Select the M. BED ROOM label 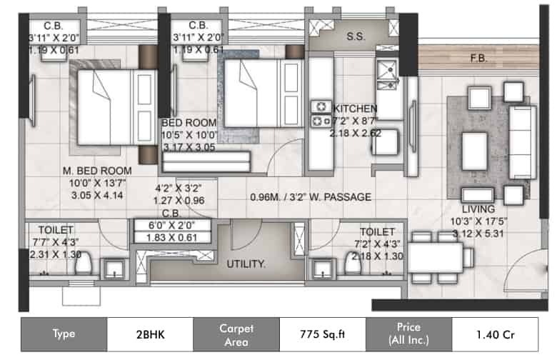coord(97,171)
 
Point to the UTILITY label coord(246,264)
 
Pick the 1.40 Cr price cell coord(496,334)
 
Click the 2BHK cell coord(149,334)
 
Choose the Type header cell coord(63,334)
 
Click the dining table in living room coord(437,254)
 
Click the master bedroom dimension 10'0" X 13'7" coord(97,183)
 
